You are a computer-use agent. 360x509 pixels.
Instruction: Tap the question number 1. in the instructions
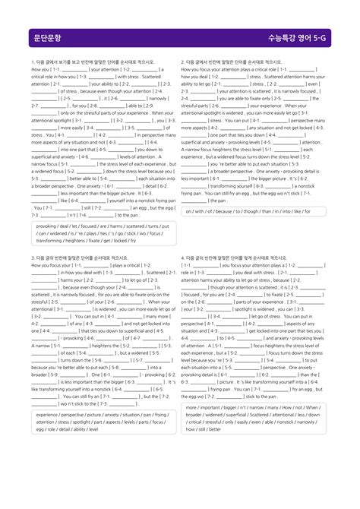(33, 62)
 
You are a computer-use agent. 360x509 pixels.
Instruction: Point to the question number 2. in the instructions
(184, 62)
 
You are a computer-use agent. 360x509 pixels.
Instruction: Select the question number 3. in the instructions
(33, 258)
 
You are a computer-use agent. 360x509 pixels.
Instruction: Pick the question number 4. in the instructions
(184, 258)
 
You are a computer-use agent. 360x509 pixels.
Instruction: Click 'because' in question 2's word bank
(232, 212)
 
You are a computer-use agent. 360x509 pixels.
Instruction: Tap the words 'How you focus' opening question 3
(49, 265)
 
